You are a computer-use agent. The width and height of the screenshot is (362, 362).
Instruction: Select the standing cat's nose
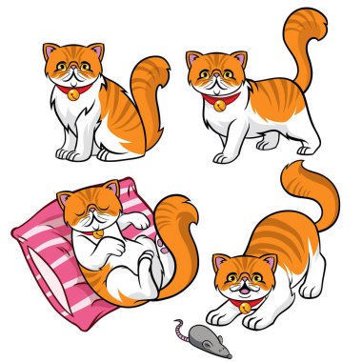pos(216,76)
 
